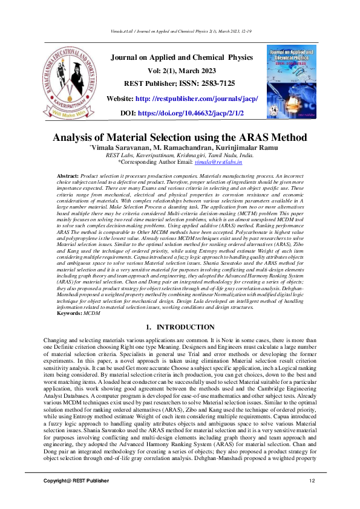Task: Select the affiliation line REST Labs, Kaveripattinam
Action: point(179,155)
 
